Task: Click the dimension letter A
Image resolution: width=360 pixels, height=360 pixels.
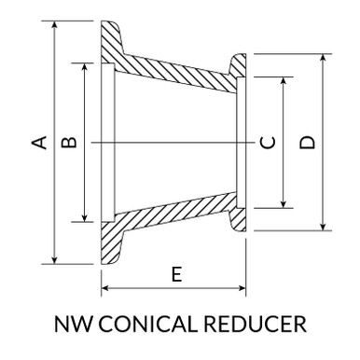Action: pos(39,142)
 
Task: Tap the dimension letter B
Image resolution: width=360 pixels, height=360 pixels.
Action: pos(68,142)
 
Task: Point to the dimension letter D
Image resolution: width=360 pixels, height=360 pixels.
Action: pos(308,142)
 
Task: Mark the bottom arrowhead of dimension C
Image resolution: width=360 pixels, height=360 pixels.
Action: pos(283,205)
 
